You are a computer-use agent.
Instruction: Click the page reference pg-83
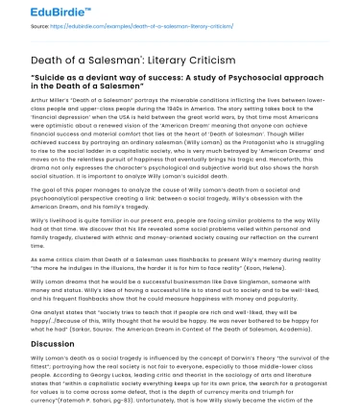(x=118, y=401)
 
